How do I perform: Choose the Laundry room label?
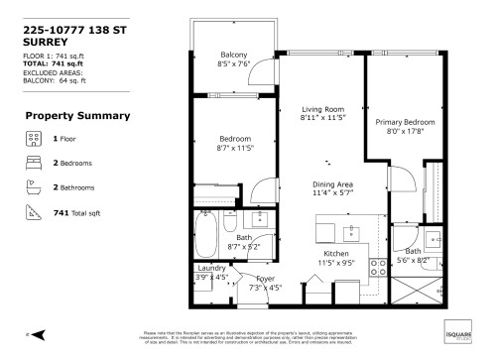click(x=211, y=268)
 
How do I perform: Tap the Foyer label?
click(x=265, y=279)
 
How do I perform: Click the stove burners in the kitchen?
click(x=377, y=266)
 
